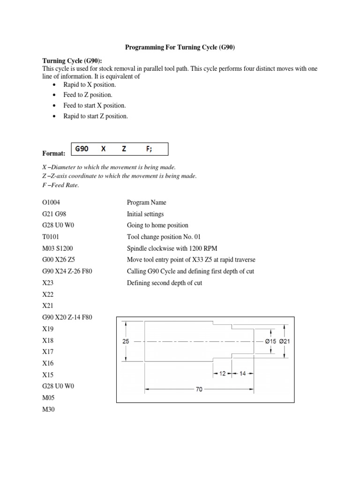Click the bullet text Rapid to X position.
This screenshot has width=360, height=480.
tap(90, 84)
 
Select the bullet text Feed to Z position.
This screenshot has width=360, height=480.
tap(88, 95)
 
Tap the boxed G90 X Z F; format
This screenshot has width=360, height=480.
tap(119, 149)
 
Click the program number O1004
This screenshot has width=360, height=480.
tap(51, 202)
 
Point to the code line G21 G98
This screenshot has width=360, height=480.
tap(54, 214)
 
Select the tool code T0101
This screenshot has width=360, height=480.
tap(51, 237)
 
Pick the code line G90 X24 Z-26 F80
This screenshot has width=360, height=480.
tap(67, 271)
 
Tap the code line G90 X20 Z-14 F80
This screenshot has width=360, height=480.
tap(67, 317)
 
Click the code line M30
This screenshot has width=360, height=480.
tap(49, 409)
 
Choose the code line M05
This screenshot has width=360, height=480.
tap(49, 397)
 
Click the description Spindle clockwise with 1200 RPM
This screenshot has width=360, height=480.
tap(172, 248)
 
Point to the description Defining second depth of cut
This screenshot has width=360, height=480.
tap(165, 283)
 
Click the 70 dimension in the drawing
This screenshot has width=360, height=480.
tap(199, 389)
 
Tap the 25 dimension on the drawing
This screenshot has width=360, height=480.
tap(126, 342)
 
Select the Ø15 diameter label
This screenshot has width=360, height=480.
tap(270, 342)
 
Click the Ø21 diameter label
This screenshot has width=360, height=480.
tap(285, 342)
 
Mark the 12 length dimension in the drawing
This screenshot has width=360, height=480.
tap(222, 374)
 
